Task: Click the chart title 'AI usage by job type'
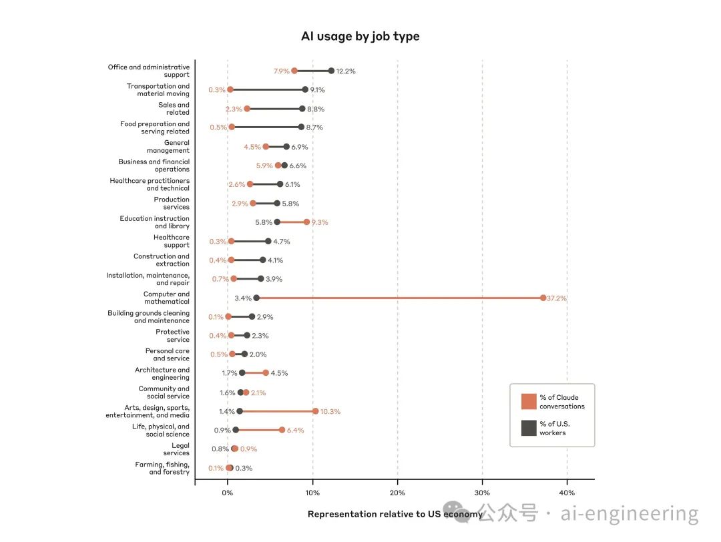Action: point(360,36)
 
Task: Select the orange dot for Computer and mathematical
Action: point(543,298)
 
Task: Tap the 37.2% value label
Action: point(557,298)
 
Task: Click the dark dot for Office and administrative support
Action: point(331,71)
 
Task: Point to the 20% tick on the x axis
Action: point(397,493)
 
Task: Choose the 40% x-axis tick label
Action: point(567,493)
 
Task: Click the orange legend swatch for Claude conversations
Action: point(529,401)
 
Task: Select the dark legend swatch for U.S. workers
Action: point(529,428)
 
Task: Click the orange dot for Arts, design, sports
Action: point(315,411)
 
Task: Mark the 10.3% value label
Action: point(330,412)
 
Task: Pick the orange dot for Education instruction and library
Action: point(306,222)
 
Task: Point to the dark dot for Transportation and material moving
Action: point(305,89)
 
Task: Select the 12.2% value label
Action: point(346,71)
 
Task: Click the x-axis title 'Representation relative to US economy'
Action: point(395,514)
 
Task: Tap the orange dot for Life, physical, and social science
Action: point(282,431)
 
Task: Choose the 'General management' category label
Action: point(168,146)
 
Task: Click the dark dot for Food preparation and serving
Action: point(301,127)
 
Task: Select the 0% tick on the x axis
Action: point(228,493)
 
